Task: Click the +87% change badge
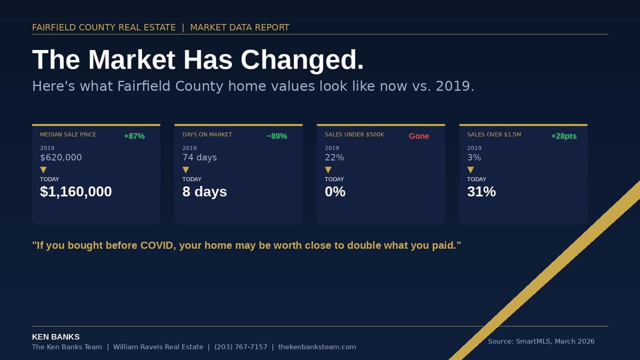pyautogui.click(x=134, y=136)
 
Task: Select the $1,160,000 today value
pyautogui.click(x=76, y=191)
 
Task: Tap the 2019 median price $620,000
pyautogui.click(x=61, y=157)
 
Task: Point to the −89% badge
pyautogui.click(x=276, y=136)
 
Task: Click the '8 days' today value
pyautogui.click(x=204, y=191)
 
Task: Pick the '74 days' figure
pyautogui.click(x=199, y=157)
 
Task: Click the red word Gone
pyautogui.click(x=419, y=136)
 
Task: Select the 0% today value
pyautogui.click(x=335, y=191)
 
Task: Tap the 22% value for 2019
pyautogui.click(x=334, y=157)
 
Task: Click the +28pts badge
pyautogui.click(x=563, y=136)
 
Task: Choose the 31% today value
pyautogui.click(x=481, y=191)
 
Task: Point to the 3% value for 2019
pyautogui.click(x=474, y=157)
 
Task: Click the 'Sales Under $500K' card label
pyautogui.click(x=354, y=134)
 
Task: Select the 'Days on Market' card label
pyautogui.click(x=207, y=134)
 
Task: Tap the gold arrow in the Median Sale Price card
pyautogui.click(x=43, y=170)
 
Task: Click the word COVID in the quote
pyautogui.click(x=158, y=245)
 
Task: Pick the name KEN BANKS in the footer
pyautogui.click(x=55, y=337)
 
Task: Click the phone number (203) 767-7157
pyautogui.click(x=241, y=347)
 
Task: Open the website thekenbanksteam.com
pyautogui.click(x=317, y=347)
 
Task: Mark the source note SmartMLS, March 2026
pyautogui.click(x=541, y=341)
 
